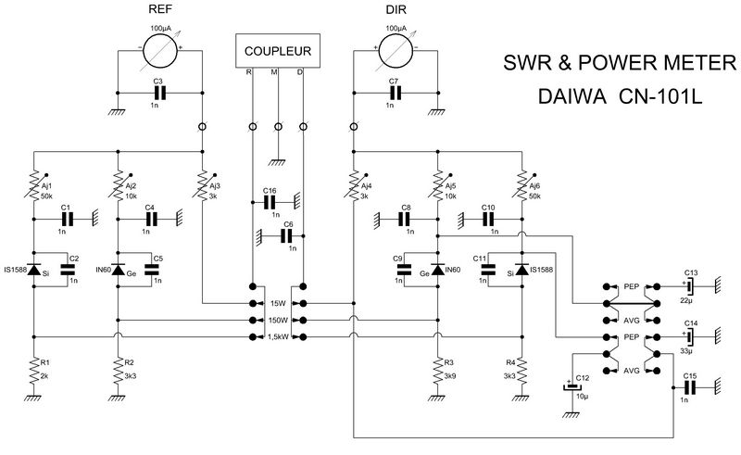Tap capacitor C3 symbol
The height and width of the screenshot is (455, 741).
point(160,93)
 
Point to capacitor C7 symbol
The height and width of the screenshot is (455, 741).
point(396,93)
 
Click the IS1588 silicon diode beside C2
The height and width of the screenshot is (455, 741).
point(33,270)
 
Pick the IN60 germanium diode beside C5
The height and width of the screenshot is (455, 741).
point(118,270)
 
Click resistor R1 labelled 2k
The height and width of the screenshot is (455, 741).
point(33,371)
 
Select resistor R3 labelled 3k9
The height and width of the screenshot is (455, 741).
point(438,371)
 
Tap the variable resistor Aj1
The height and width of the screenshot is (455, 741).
point(34,185)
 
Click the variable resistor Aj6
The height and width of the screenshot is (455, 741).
point(522,185)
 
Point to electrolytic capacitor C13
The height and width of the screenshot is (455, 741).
point(690,286)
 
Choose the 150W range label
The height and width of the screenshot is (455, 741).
point(278,321)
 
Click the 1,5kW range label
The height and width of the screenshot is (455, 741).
point(278,336)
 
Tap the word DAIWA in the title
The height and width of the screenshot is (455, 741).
point(571,96)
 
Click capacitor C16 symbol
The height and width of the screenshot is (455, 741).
point(270,202)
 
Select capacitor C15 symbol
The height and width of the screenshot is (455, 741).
point(690,387)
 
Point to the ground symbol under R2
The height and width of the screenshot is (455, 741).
point(118,398)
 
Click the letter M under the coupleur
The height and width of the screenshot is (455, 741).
point(274,72)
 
